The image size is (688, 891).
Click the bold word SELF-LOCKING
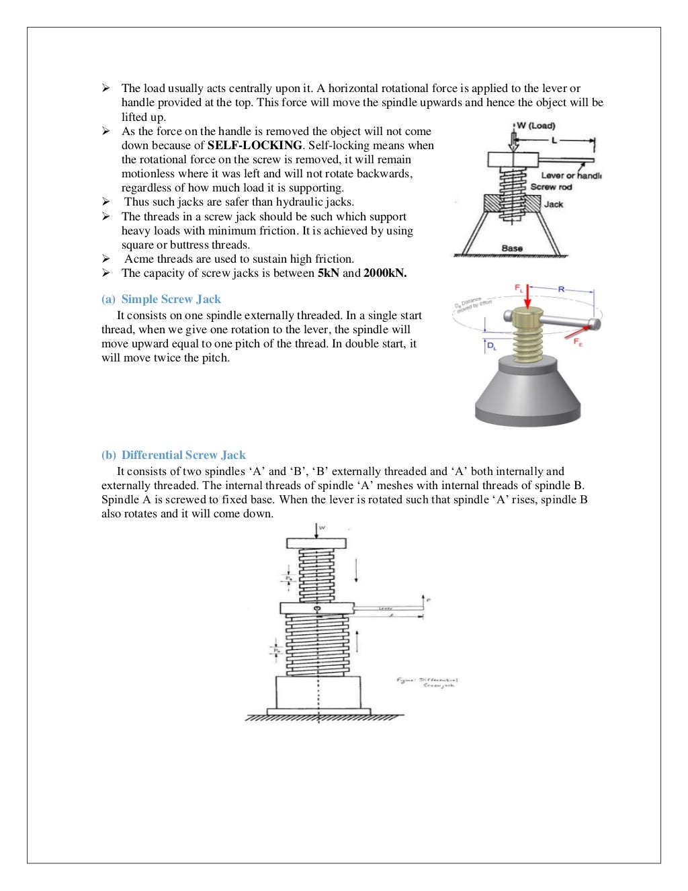(x=255, y=145)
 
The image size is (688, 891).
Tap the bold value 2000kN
(x=385, y=273)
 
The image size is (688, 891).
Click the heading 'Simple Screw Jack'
(x=171, y=299)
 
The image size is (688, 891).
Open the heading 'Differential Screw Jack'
(x=183, y=455)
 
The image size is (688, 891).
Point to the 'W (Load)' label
(x=535, y=126)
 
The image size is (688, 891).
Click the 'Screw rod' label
(x=551, y=187)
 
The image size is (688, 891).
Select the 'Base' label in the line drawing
(x=512, y=248)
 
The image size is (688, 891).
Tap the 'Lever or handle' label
(x=570, y=175)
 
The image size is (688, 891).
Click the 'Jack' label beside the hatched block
(x=554, y=204)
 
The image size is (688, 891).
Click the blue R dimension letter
(x=561, y=289)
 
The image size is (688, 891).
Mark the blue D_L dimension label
(x=492, y=346)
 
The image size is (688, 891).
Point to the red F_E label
(x=578, y=342)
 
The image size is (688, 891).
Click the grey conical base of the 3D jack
(x=527, y=396)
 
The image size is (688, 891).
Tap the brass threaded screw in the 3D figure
(x=527, y=339)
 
